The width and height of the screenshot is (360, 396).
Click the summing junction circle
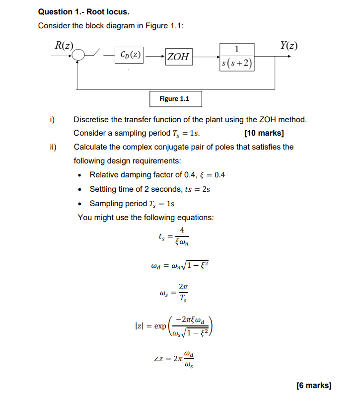(78, 56)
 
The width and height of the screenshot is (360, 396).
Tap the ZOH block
(178, 56)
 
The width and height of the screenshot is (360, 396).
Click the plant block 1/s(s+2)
(236, 56)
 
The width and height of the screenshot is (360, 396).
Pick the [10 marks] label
(264, 133)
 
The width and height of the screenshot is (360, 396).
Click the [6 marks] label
(313, 385)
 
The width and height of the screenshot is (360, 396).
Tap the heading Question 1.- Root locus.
(79, 11)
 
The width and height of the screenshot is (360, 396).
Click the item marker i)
(52, 120)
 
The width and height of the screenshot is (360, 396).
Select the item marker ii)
(53, 147)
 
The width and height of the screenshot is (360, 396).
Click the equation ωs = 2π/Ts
(175, 292)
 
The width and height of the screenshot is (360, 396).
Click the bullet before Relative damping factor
(80, 175)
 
